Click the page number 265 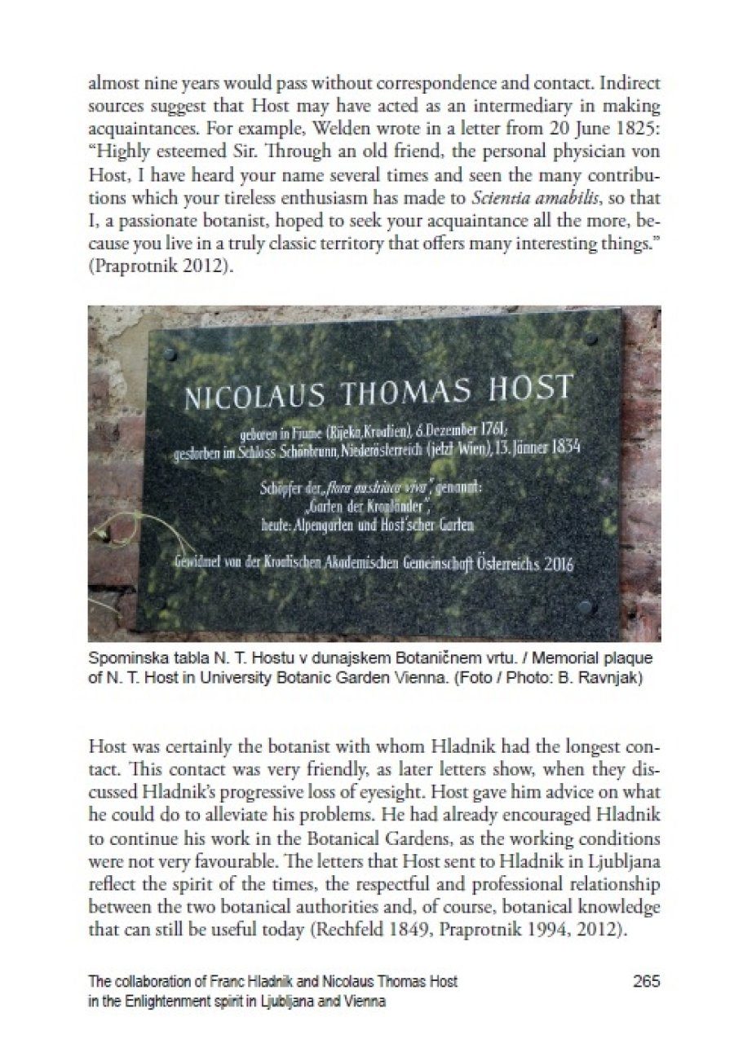click(647, 981)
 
